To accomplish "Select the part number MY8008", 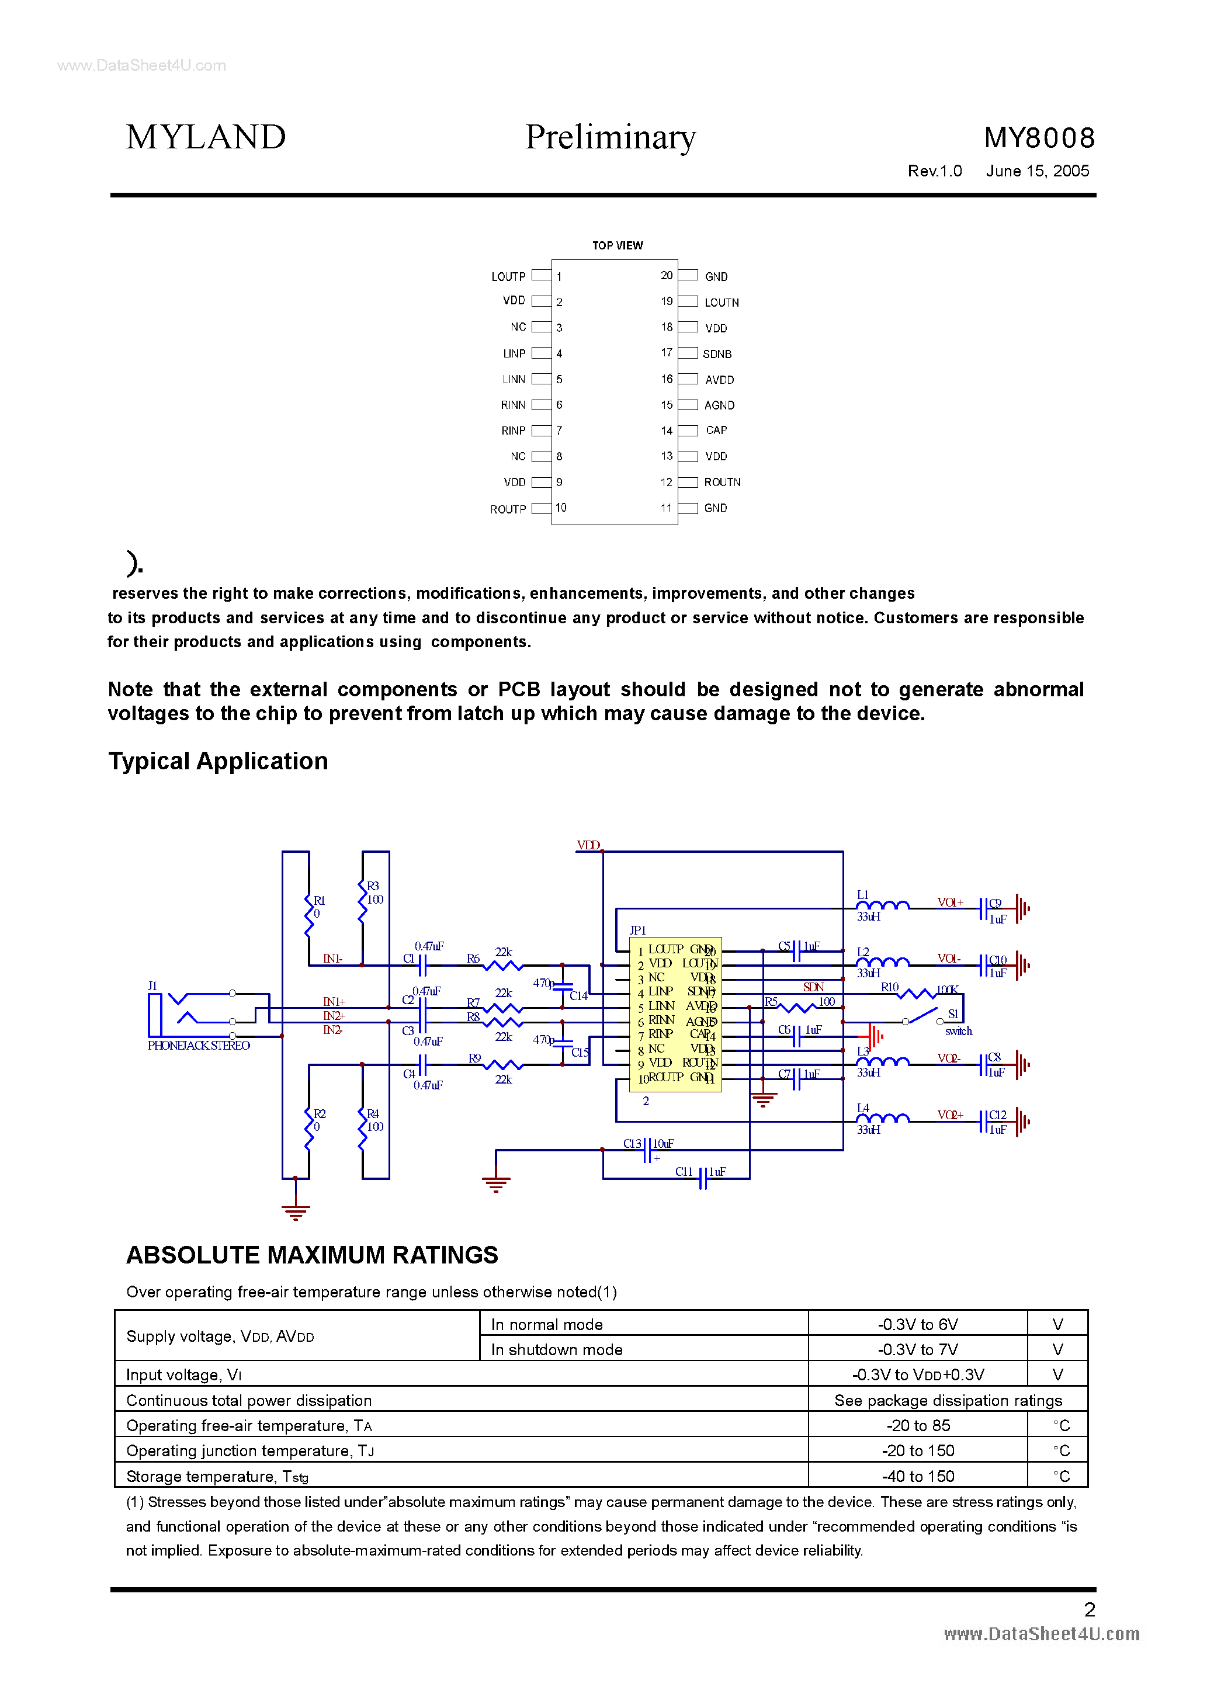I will point(1039,138).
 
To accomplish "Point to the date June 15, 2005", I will point(1038,171).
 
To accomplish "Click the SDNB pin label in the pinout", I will point(717,354).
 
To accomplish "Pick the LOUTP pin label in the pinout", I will point(508,277).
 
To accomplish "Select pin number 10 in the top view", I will point(560,508).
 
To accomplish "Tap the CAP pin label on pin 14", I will point(716,430).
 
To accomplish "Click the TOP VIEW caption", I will point(617,245).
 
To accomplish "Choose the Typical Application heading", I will point(218,761).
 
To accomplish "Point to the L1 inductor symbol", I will point(883,905).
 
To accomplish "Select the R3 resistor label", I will point(373,886).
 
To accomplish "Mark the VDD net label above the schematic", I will point(588,845).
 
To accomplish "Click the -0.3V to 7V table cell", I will point(918,1349).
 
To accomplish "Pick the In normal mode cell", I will point(547,1324).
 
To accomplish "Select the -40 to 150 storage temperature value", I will point(918,1476).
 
